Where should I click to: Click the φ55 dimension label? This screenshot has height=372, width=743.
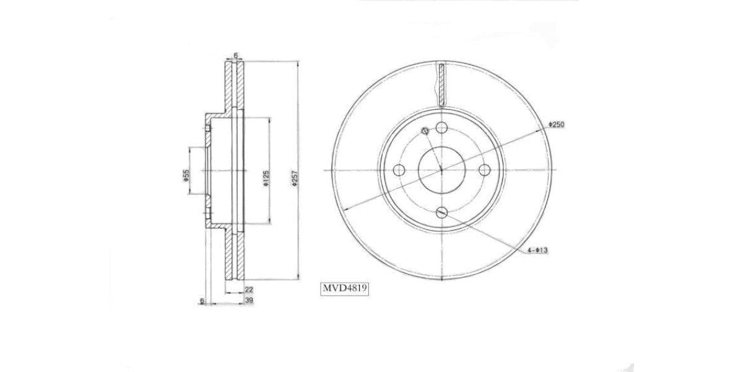185,175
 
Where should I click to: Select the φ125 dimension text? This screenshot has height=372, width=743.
265,178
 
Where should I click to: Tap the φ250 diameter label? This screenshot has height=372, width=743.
556,125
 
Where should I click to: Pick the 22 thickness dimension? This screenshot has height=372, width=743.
249,290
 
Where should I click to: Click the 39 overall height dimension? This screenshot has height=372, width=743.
249,301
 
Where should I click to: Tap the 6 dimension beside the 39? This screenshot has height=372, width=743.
202,301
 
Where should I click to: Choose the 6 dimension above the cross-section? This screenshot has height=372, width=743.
235,56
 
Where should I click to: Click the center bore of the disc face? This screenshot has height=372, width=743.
441,170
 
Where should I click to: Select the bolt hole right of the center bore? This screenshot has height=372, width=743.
485,170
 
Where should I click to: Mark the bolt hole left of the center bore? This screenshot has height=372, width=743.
399,170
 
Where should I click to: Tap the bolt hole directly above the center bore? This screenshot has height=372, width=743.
441,128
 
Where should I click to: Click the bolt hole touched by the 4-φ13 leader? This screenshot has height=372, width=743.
441,213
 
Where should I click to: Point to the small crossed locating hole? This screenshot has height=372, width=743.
425,131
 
